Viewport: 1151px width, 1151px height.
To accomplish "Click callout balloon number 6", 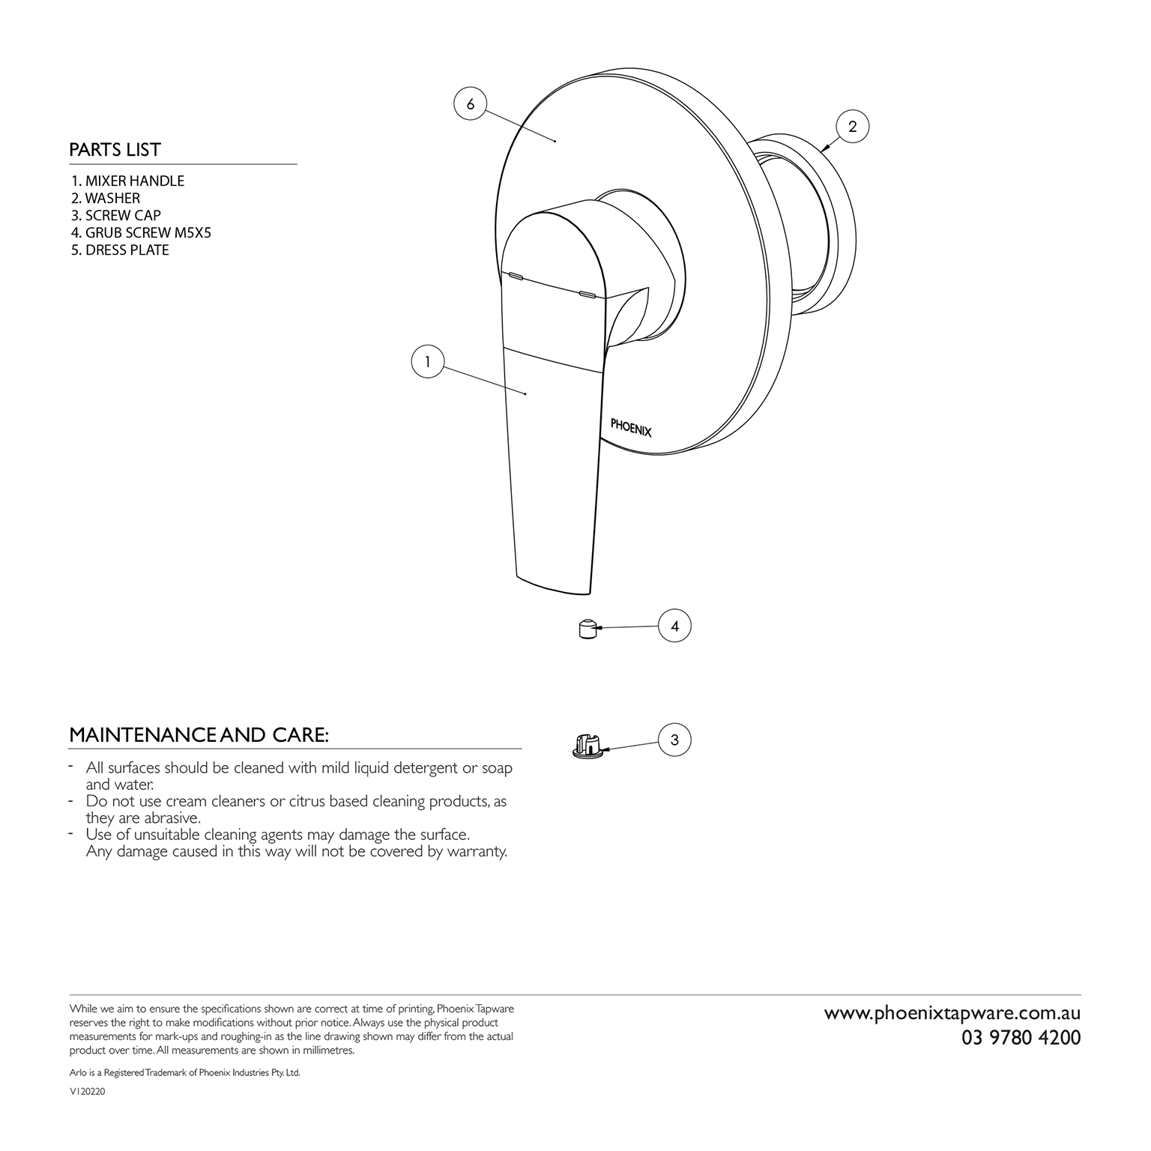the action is coord(471,104).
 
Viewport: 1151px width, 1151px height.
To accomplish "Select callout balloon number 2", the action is coord(852,127).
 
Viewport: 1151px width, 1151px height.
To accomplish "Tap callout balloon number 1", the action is coord(428,362).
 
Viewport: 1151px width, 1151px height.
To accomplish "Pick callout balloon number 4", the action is coord(674,626).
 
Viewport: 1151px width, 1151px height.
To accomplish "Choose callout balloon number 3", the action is coord(674,740).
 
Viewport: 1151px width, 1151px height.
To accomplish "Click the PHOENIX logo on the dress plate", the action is coord(631,426).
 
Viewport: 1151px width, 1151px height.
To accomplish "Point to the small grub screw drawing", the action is coord(588,629).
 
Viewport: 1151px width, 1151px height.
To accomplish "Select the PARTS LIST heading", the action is coord(115,150).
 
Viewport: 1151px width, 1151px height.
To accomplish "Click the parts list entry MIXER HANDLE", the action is coord(128,181).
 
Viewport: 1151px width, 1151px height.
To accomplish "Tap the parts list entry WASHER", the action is coord(106,198).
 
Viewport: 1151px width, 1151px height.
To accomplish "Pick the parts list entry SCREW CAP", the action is coord(116,215).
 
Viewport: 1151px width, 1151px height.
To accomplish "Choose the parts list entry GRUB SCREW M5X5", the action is coord(142,232).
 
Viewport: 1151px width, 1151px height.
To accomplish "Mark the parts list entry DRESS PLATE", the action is coord(121,250).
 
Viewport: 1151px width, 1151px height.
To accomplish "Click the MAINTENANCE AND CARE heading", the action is coord(199,735).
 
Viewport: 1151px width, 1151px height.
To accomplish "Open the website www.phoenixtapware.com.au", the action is coord(952,1013).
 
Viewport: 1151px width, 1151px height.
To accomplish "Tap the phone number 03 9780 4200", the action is coord(1021,1038).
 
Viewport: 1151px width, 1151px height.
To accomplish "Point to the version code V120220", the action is coord(87,1093).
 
